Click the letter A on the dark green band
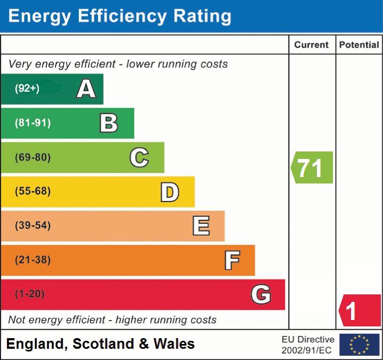(86, 89)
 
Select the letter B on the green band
(109, 123)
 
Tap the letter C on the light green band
(139, 157)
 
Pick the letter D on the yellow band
(169, 192)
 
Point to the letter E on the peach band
(201, 226)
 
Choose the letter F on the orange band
(232, 260)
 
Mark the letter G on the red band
(261, 294)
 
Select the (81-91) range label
(32, 123)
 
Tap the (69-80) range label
(32, 157)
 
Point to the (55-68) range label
(32, 191)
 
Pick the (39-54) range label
(32, 226)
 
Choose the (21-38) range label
(32, 260)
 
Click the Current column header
(312, 45)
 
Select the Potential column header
(359, 45)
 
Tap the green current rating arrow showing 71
(312, 167)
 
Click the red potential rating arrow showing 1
(360, 310)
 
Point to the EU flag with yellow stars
(360, 345)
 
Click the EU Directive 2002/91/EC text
(308, 345)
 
